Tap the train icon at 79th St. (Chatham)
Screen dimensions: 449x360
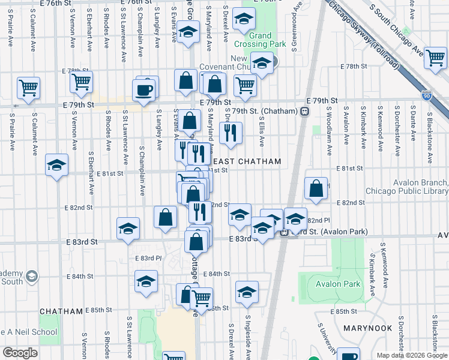click(305, 111)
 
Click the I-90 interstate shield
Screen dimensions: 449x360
click(426, 95)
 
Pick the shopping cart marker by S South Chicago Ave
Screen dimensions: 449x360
click(435, 58)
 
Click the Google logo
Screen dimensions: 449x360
click(19, 353)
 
